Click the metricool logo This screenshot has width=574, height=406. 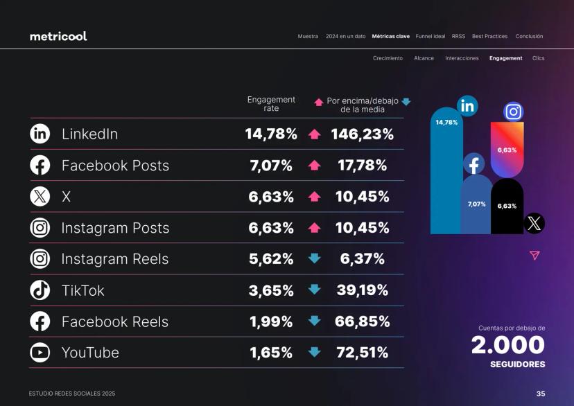click(x=58, y=36)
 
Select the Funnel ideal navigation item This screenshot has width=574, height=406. click(x=430, y=36)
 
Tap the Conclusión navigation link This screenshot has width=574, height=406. click(x=529, y=36)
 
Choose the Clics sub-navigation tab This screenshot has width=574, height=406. click(x=539, y=58)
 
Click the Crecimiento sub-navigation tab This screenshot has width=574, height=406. click(x=388, y=58)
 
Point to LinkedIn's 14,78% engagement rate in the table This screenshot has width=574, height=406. click(x=271, y=134)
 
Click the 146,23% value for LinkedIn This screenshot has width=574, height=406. click(x=362, y=134)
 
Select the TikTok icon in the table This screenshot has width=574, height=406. click(x=40, y=290)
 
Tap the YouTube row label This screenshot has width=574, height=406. click(x=90, y=353)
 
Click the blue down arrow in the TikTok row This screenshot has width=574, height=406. click(x=315, y=290)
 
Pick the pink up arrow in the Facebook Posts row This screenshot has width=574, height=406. click(x=315, y=166)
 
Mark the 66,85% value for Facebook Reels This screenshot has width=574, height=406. click(x=362, y=321)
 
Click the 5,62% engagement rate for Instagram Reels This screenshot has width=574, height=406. click(x=271, y=259)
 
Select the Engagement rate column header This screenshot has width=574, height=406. click(x=271, y=104)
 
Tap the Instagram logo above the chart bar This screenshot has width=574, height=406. click(x=513, y=112)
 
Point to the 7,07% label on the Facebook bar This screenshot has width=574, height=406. click(x=476, y=204)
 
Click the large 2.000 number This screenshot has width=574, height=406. click(x=509, y=345)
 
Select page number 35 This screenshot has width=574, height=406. click(x=540, y=394)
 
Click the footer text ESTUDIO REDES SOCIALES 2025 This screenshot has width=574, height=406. click(x=72, y=394)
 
